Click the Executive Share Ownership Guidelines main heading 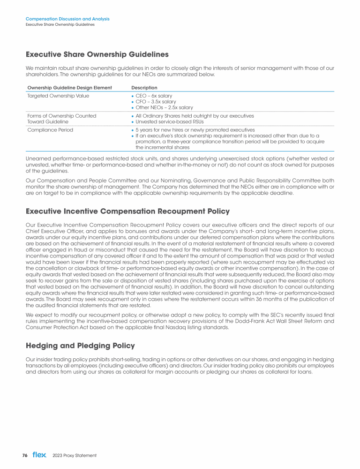tap(97, 54)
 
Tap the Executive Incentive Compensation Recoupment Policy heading tap(127, 212)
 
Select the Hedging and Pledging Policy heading tap(80, 346)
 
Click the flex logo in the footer tap(39, 455)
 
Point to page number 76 tap(25, 455)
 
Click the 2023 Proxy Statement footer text tap(75, 455)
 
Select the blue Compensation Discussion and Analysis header tap(67, 19)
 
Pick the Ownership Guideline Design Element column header tap(69, 88)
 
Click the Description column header tap(144, 88)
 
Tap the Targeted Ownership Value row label tap(58, 96)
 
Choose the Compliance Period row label tap(50, 130)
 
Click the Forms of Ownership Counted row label tap(62, 116)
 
